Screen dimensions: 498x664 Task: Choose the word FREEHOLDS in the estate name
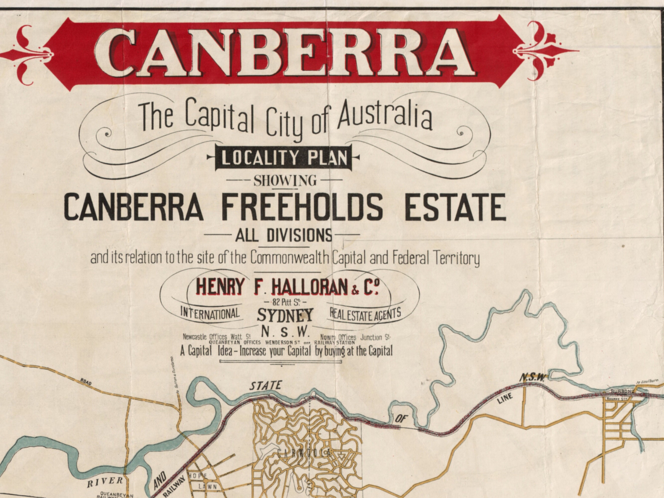click(x=302, y=207)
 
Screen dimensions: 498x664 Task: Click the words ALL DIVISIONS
click(x=284, y=236)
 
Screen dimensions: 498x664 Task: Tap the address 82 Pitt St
click(x=285, y=302)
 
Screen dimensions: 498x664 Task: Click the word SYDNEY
click(x=285, y=315)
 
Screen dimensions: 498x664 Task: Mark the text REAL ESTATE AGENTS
click(x=365, y=314)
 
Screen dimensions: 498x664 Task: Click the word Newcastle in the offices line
click(x=195, y=337)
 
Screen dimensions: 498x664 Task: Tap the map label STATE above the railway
click(x=266, y=385)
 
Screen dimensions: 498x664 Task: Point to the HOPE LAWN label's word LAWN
click(x=207, y=486)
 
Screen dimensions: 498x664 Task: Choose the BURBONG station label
click(x=623, y=391)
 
